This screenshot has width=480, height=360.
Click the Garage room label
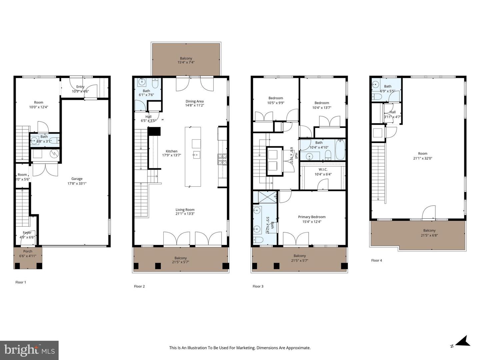(77, 179)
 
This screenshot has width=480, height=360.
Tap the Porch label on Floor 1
(28, 251)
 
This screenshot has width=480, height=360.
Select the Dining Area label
(194, 101)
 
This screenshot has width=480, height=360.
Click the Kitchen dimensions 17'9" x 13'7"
(171, 155)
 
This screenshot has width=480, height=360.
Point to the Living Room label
(185, 210)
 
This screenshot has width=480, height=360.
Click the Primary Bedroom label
(312, 217)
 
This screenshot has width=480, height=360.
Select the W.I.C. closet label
(323, 170)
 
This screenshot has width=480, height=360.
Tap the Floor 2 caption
(139, 286)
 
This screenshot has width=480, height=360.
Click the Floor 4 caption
(377, 260)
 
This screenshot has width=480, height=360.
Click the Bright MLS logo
(29, 350)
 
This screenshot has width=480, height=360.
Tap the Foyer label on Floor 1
(27, 233)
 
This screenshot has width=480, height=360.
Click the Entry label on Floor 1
(80, 87)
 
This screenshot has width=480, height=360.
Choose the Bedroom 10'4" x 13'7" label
(321, 103)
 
